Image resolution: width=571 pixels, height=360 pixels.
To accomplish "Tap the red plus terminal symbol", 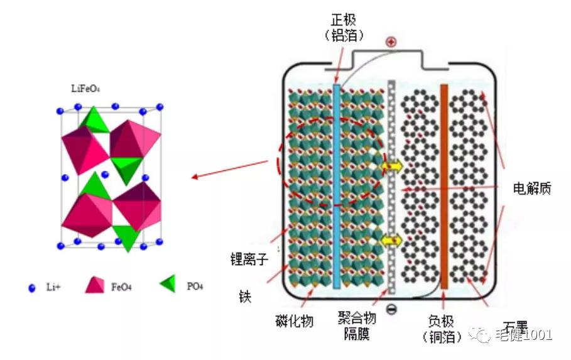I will click(391, 42).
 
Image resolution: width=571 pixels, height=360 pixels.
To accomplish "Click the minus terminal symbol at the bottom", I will click(391, 309).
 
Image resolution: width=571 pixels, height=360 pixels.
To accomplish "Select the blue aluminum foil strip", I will click(337, 188).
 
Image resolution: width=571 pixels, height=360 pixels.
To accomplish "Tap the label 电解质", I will click(531, 188).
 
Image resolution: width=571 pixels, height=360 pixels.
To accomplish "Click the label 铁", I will click(245, 296).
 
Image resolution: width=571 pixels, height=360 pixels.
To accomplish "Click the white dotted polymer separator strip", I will click(392, 188).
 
